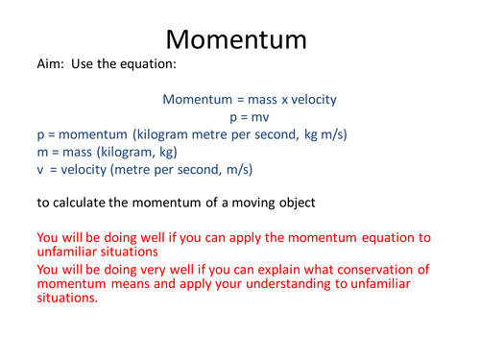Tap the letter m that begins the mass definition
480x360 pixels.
(42, 152)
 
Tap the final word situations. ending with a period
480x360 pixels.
(66, 298)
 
